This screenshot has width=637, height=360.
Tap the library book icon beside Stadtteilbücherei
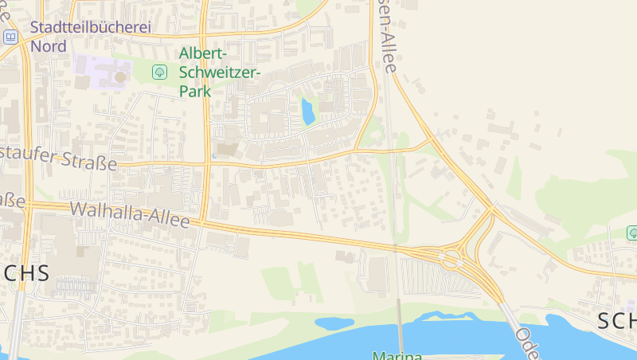point(10,37)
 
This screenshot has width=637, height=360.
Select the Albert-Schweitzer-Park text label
point(219,72)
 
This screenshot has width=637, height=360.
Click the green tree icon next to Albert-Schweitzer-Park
point(159,72)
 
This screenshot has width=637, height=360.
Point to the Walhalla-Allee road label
point(130,214)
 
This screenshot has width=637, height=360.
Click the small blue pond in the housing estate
point(307,112)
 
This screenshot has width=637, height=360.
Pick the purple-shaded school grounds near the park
point(100,72)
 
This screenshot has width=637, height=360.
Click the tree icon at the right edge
point(632,233)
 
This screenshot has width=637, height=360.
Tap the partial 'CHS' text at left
point(25,273)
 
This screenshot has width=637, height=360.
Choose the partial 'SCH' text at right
point(616,320)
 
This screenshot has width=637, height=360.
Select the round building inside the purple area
point(120,76)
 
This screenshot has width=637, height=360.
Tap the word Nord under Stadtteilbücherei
point(48,45)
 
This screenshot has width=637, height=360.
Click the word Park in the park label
point(194,91)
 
